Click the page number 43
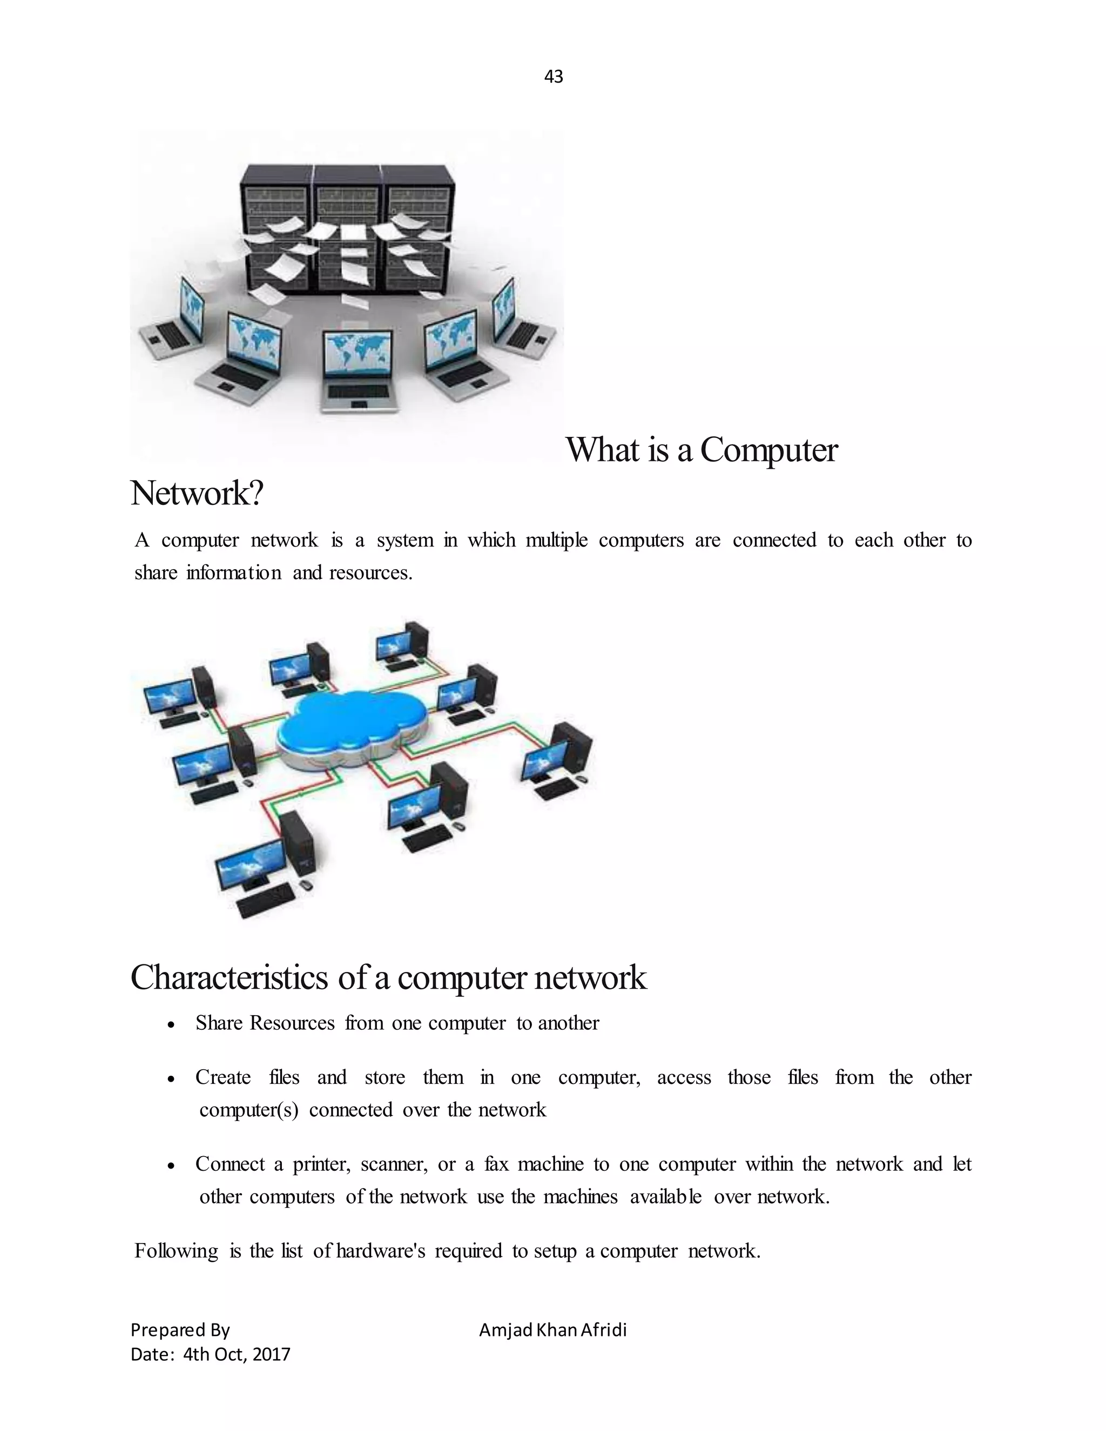(553, 77)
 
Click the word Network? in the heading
(197, 494)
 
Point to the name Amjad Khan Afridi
(552, 1329)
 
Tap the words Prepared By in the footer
(180, 1329)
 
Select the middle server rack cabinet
(347, 230)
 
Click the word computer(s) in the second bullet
(249, 1110)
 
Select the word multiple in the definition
(556, 540)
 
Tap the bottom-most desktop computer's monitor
(249, 863)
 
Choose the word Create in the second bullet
(223, 1077)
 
